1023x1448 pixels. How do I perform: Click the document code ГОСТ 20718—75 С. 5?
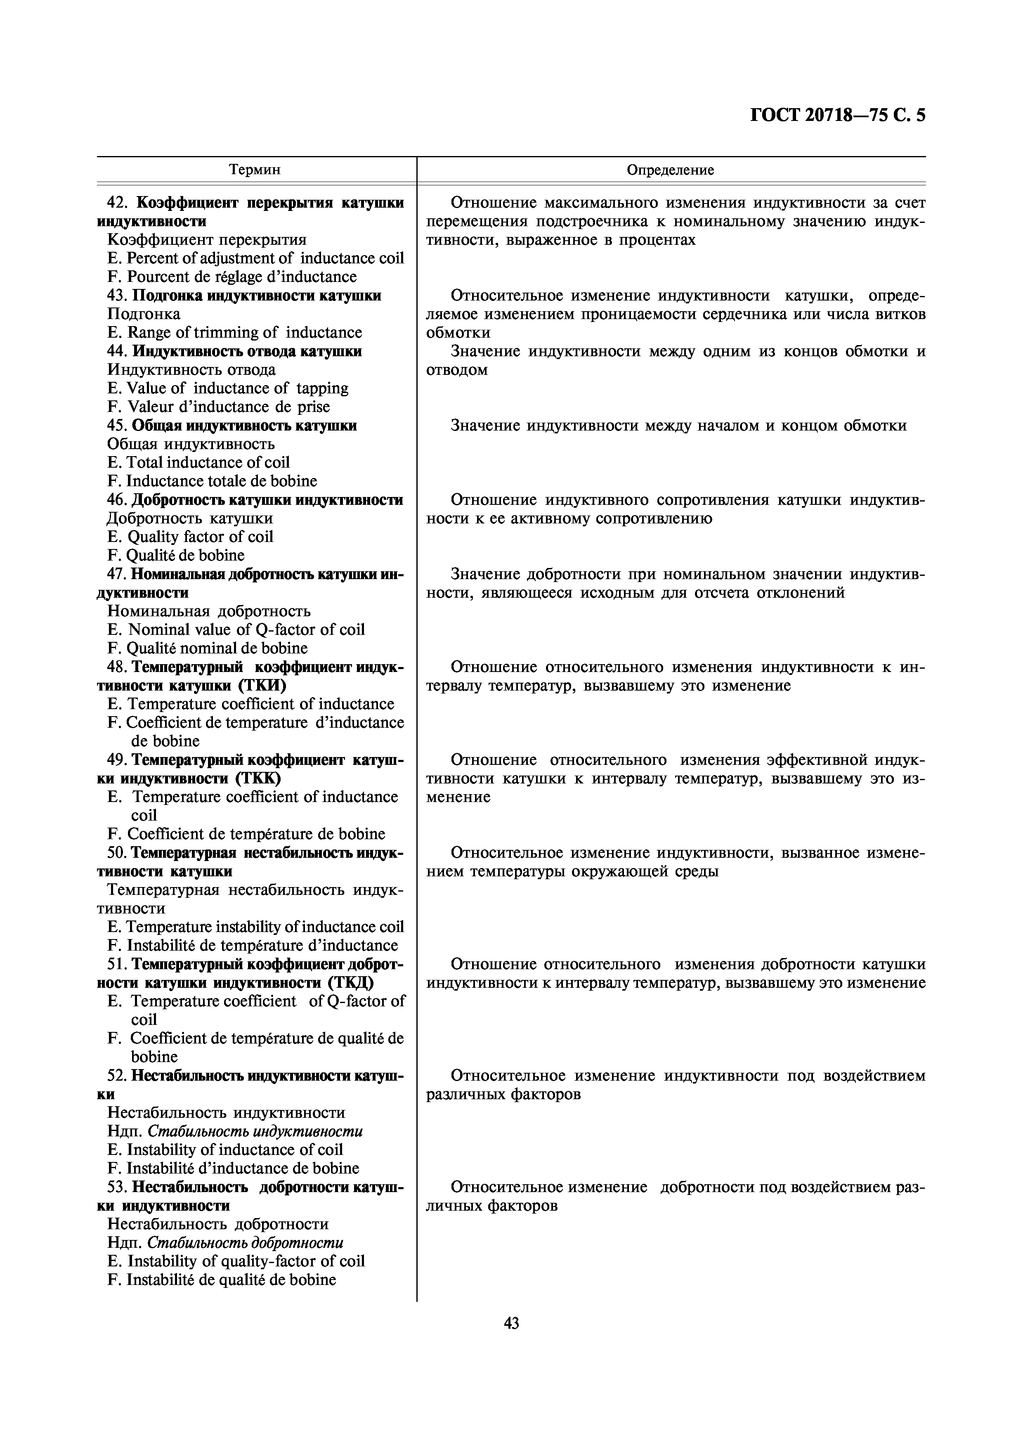[838, 116]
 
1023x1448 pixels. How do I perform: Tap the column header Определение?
[670, 170]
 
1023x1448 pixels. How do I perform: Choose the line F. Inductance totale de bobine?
[213, 481]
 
